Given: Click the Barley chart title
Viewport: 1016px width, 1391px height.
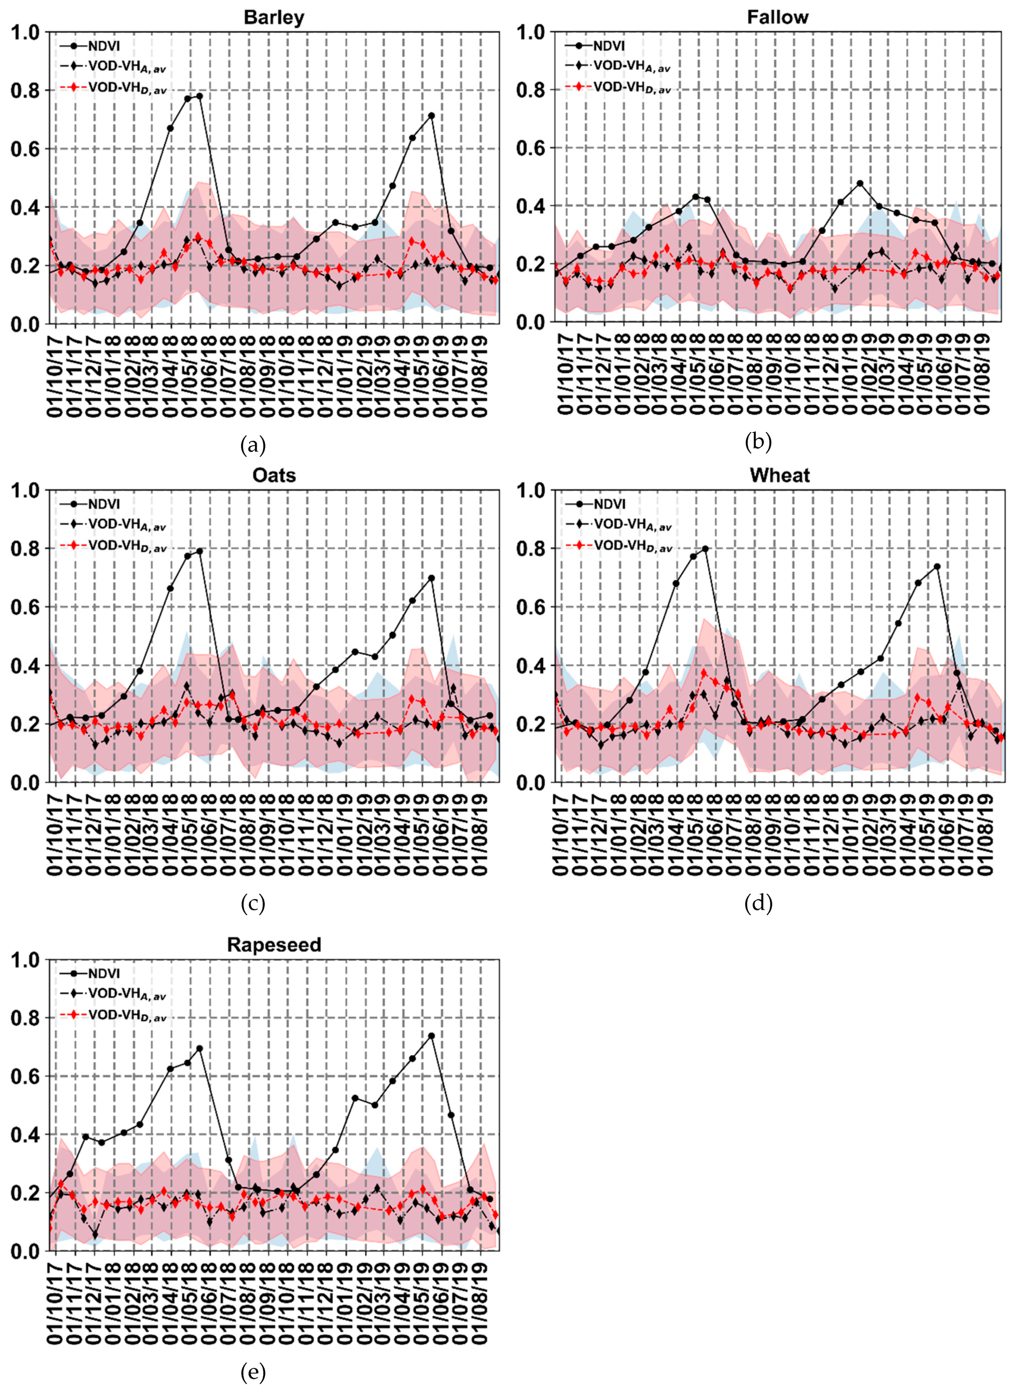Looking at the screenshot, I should [x=274, y=17].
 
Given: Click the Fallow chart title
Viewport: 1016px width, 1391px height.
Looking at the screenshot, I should [x=777, y=17].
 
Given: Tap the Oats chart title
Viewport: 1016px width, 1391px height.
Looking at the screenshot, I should [x=274, y=475].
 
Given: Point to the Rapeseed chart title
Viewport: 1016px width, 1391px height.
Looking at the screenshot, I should [x=274, y=944].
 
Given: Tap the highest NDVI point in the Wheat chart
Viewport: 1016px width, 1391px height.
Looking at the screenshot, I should [x=705, y=549].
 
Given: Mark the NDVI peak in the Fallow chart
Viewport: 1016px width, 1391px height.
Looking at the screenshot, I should [x=860, y=183].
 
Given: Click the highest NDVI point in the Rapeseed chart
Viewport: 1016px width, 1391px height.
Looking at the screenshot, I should [x=431, y=1036].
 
